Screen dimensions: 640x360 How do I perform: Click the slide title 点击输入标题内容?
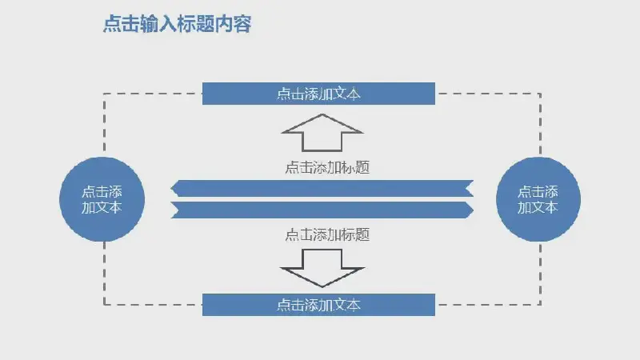[177, 24]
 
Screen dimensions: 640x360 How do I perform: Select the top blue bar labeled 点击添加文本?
[318, 94]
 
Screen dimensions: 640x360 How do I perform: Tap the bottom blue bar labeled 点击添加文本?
[318, 305]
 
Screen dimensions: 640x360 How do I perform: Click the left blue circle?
[102, 199]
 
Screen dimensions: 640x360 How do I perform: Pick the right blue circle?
[538, 199]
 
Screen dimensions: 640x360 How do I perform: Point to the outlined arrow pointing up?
[322, 133]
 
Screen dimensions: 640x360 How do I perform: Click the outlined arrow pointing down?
[322, 268]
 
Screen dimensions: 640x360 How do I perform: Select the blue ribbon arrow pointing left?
[322, 189]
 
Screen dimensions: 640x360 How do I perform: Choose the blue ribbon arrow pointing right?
[322, 210]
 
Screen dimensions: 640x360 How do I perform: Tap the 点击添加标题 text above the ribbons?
[327, 167]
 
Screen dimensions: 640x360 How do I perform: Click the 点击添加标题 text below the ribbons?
[327, 234]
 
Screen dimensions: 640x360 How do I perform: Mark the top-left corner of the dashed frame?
[105, 94]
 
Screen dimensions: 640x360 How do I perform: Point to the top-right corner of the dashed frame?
[541, 94]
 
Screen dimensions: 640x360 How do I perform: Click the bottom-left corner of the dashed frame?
[105, 305]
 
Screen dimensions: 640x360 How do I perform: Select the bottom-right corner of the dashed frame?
[541, 305]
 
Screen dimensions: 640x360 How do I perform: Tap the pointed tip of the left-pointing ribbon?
[171, 189]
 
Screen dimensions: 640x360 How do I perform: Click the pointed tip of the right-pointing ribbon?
[474, 210]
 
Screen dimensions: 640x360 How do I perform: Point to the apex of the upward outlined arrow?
[322, 114]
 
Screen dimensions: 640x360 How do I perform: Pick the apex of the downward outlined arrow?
[322, 286]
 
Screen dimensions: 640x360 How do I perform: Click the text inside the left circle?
[102, 199]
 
